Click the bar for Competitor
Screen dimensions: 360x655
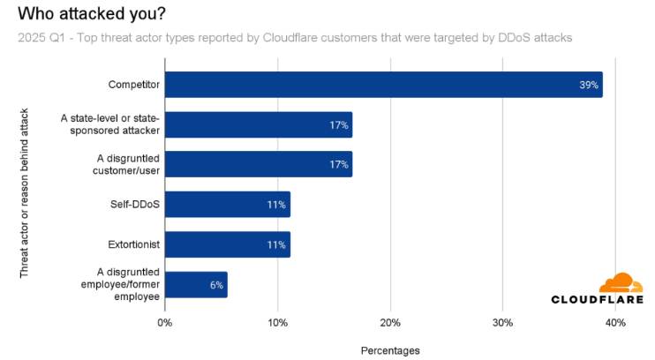(383, 85)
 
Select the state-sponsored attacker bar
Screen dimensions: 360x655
(259, 124)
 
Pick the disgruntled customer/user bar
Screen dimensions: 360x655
(259, 164)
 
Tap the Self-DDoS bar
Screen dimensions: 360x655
(227, 205)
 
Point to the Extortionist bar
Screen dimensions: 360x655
(227, 244)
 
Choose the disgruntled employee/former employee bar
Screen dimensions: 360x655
(196, 284)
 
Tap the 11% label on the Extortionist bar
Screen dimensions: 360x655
(277, 245)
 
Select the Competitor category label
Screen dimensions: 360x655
(133, 85)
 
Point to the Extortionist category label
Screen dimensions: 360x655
(132, 244)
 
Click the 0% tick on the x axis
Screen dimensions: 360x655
(165, 323)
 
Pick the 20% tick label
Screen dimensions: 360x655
(390, 323)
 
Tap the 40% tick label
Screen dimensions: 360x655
(615, 323)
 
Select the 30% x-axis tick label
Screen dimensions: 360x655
(502, 323)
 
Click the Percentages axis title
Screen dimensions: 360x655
(390, 350)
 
